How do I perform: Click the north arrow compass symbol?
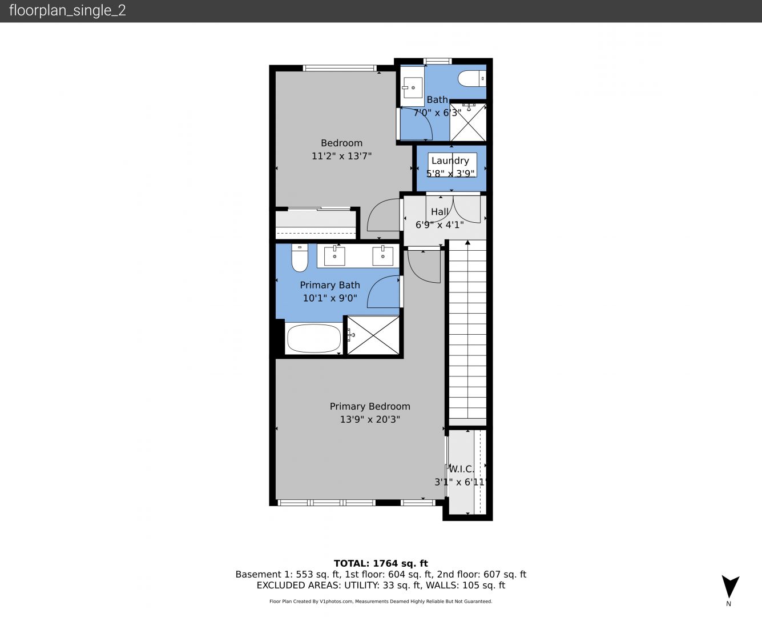pos(730,587)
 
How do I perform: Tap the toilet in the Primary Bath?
pos(300,258)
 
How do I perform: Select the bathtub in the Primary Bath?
pos(314,338)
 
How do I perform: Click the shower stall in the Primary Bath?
pos(373,335)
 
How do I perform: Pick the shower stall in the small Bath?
pos(468,122)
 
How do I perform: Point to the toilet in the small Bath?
pos(472,79)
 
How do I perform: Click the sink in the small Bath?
pos(413,87)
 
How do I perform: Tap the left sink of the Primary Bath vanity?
pos(334,256)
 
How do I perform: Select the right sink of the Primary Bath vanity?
pos(382,256)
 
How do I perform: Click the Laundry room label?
pos(450,161)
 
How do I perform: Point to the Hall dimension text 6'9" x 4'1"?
pos(440,225)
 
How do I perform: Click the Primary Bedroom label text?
pos(370,406)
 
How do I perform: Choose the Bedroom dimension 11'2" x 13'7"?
pos(342,156)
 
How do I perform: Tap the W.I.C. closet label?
pos(462,469)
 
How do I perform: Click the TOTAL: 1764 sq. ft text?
pos(381,563)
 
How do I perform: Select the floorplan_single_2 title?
pos(67,10)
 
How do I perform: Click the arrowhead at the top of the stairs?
pos(467,242)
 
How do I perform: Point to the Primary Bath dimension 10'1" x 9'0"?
pos(330,298)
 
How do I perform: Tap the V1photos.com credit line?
pos(381,601)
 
